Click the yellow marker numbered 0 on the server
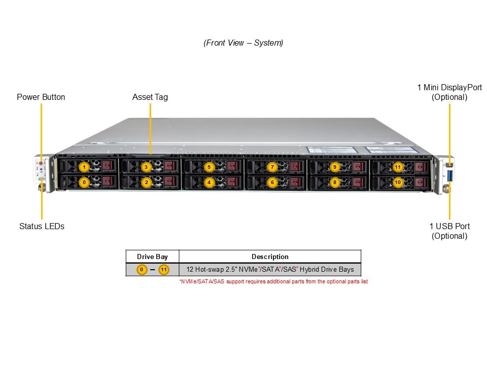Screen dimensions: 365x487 point(85,181)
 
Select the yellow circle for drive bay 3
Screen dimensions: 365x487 point(146,167)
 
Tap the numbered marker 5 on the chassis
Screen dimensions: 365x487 point(209,167)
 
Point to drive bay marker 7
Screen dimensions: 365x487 point(272,167)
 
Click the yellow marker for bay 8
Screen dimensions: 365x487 point(334,181)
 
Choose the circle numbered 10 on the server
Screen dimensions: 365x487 point(397,181)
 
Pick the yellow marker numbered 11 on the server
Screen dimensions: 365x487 point(397,167)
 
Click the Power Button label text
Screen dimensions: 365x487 point(41,97)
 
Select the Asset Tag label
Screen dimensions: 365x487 point(150,97)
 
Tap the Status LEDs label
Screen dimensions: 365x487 point(42,226)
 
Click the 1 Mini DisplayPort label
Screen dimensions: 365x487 point(449,92)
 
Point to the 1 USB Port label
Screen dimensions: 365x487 point(449,231)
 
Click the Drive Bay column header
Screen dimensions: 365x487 point(152,257)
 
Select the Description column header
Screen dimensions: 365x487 point(270,257)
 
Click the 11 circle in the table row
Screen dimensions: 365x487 point(163,270)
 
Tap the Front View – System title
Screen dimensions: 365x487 point(243,43)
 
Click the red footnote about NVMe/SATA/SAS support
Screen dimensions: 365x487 point(273,281)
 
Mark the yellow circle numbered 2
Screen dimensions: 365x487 point(146,181)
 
